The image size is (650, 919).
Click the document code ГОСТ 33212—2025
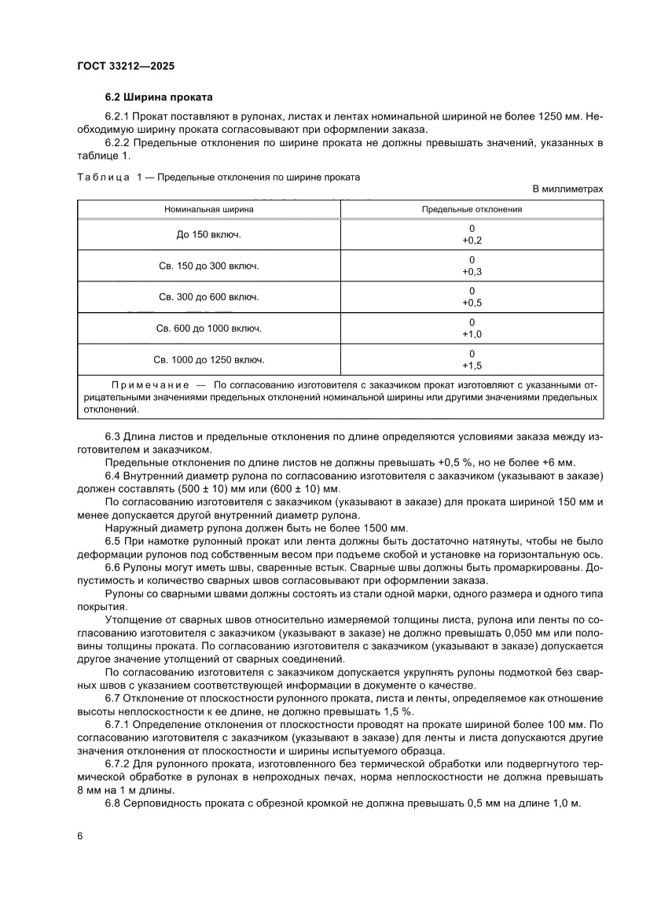tap(126, 67)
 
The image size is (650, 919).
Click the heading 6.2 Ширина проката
tap(159, 98)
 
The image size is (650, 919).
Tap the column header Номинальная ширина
tap(208, 210)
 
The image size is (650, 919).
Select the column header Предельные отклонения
tap(472, 210)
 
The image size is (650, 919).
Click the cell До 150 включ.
tap(208, 234)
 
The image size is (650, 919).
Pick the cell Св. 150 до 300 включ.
tap(208, 266)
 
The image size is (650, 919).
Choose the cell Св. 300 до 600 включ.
tap(208, 297)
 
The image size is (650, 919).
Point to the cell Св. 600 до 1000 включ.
tap(208, 329)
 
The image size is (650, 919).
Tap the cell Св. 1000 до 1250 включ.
tap(208, 360)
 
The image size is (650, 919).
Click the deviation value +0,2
tap(472, 240)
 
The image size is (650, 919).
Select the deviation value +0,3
tap(472, 271)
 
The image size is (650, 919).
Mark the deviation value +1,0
tap(472, 334)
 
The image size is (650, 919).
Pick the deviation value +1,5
tap(472, 366)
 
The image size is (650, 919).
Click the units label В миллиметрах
tap(568, 189)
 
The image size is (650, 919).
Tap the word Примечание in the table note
tap(150, 384)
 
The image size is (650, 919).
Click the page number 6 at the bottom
tap(80, 836)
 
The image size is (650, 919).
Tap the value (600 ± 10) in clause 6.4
tap(306, 488)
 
